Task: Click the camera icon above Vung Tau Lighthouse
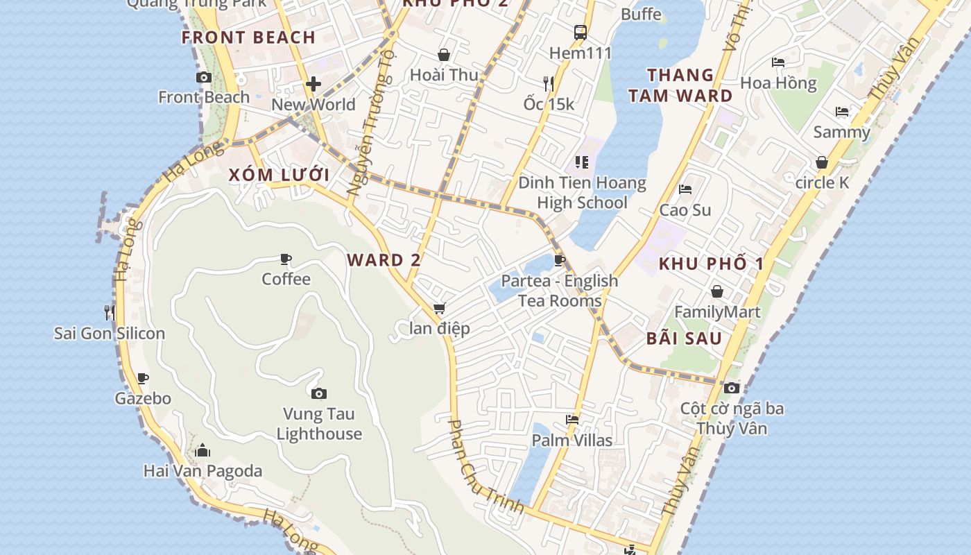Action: (x=318, y=394)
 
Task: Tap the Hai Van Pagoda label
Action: (x=203, y=471)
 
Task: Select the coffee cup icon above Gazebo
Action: (x=142, y=379)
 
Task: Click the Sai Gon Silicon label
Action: (x=110, y=333)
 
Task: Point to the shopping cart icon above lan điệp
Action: (x=439, y=309)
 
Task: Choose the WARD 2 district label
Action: (x=384, y=260)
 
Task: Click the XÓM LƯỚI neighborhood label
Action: (x=279, y=174)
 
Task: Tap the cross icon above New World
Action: (x=313, y=85)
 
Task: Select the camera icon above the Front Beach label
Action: (x=204, y=78)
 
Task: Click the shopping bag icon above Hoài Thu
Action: (x=444, y=55)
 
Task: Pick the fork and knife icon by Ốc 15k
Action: (x=549, y=84)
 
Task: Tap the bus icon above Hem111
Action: (x=581, y=32)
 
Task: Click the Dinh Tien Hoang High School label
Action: (x=582, y=193)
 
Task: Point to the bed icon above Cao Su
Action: (x=685, y=189)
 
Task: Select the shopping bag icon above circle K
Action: (x=822, y=163)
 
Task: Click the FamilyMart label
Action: (x=717, y=312)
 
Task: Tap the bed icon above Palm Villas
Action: (x=572, y=420)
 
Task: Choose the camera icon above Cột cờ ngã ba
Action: (x=732, y=388)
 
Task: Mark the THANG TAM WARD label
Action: (x=680, y=85)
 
